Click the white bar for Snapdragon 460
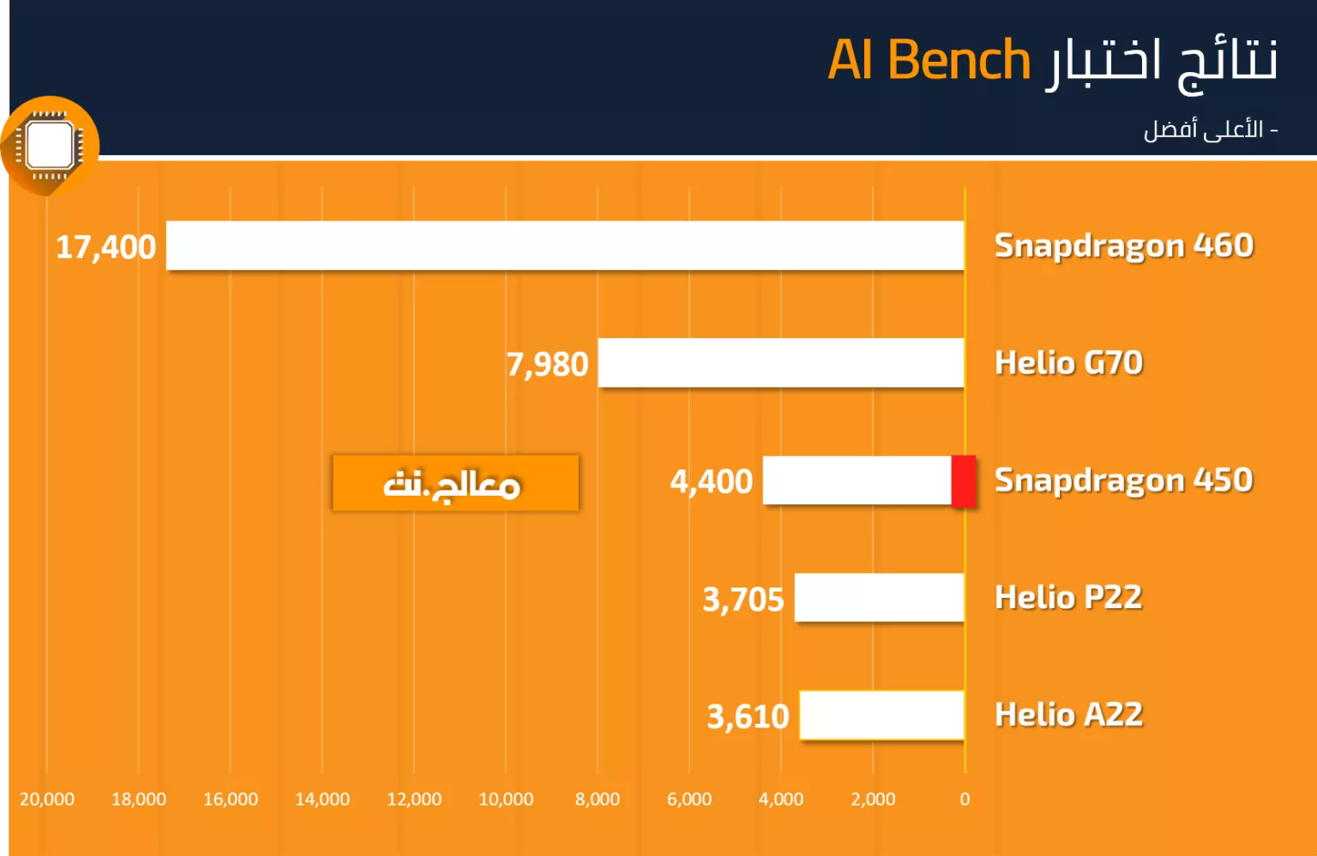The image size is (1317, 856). point(565,245)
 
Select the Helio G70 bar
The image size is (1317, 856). point(781,363)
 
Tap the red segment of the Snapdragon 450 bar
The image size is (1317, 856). point(964,480)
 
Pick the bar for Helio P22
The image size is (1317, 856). point(879,597)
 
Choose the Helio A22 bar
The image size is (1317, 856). point(882,714)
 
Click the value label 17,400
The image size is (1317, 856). point(105,247)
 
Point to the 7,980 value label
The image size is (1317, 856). point(547,365)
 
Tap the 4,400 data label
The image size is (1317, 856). point(712,481)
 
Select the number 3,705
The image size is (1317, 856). point(743,600)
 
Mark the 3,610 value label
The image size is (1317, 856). point(748,716)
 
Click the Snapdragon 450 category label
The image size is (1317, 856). point(1123,480)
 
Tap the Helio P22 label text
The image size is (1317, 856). point(1068,597)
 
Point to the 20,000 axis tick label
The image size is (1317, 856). point(47,799)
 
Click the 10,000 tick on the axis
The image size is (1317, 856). point(506,799)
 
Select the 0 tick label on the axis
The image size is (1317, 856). point(965,799)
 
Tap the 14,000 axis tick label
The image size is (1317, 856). point(322,799)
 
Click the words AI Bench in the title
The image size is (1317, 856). point(929,60)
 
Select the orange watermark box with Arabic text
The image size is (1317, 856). point(455,483)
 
